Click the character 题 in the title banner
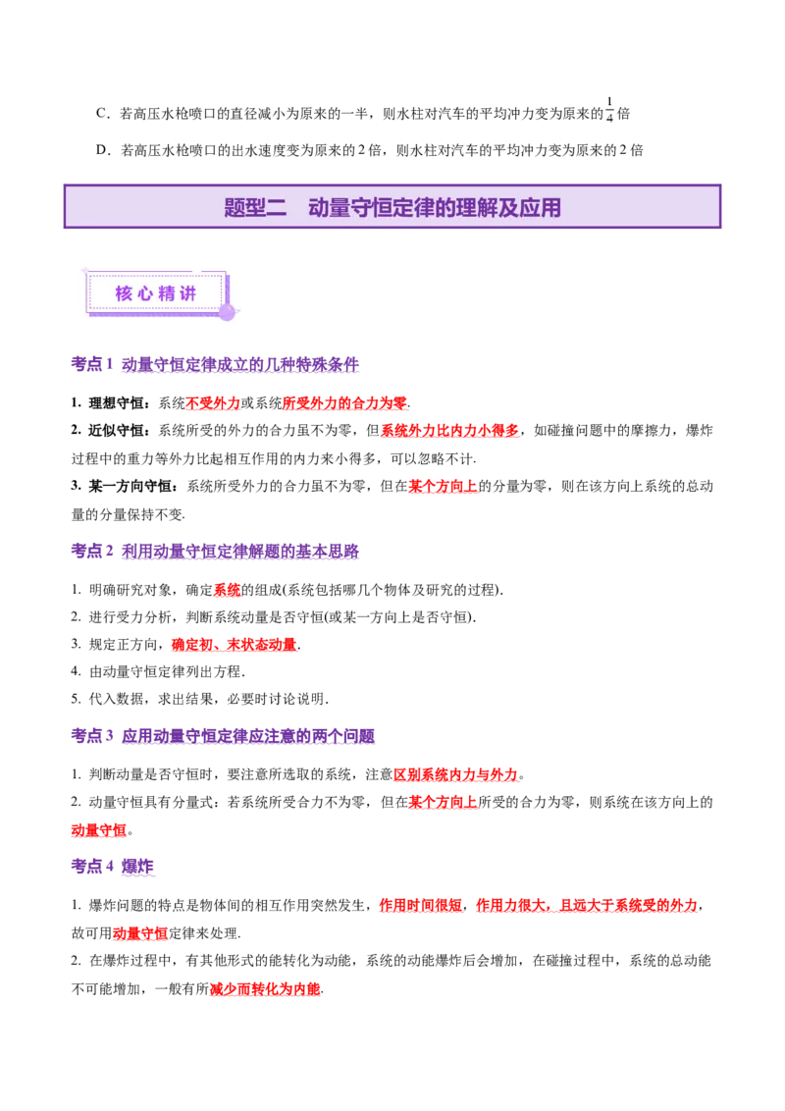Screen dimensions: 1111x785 pyautogui.click(x=235, y=208)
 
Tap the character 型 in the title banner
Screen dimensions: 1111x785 pyautogui.click(x=255, y=208)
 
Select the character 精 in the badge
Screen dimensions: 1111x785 pyautogui.click(x=168, y=292)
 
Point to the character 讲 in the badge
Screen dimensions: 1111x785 pyautogui.click(x=189, y=292)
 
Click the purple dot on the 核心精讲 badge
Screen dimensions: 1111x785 pyautogui.click(x=227, y=312)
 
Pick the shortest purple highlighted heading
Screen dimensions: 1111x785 pyautogui.click(x=113, y=868)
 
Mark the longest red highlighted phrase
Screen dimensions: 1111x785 pyautogui.click(x=538, y=907)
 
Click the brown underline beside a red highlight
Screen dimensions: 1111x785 pyautogui.click(x=262, y=600)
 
